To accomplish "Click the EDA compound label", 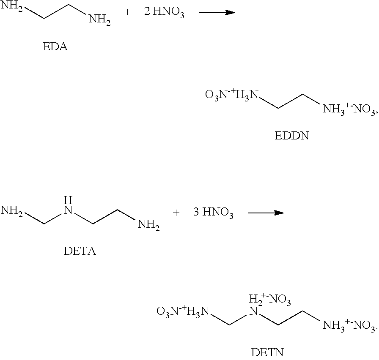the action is point(55,47).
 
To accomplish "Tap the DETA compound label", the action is point(80,252).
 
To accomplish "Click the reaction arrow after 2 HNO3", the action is point(217,13).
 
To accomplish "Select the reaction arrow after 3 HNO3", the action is point(265,213).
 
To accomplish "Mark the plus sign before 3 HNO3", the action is point(176,213).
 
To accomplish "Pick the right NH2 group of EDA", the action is point(99,20).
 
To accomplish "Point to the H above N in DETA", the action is point(67,200).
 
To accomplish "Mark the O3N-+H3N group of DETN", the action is point(183,312).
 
